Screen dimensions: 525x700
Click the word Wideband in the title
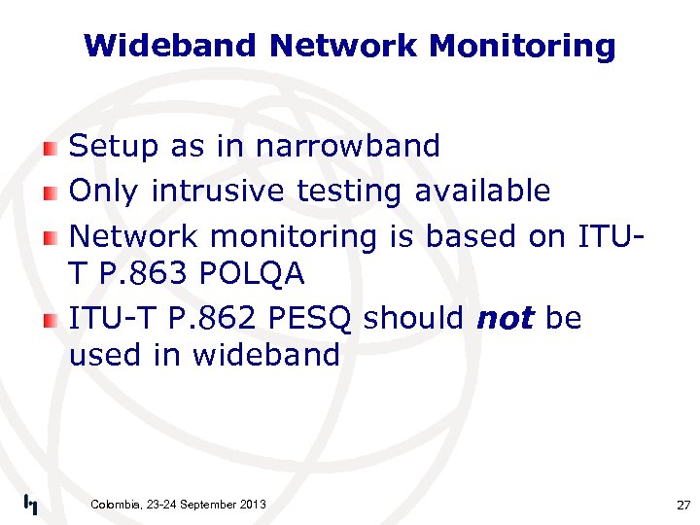coord(171,46)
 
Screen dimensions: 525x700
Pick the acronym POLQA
coord(252,275)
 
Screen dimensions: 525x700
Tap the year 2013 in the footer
coord(250,504)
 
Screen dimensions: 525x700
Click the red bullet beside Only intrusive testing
coord(51,192)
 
